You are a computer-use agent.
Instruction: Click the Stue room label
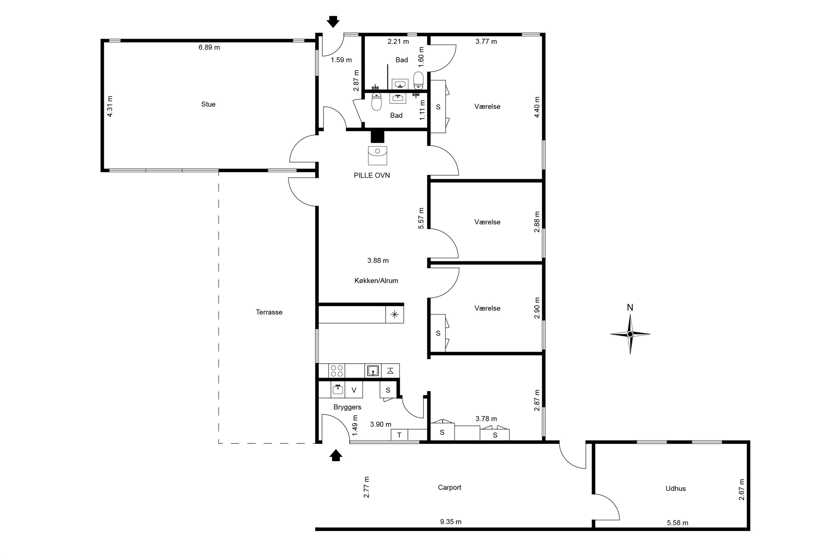(208, 104)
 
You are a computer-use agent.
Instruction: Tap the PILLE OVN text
(372, 175)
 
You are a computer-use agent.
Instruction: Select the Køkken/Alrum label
(376, 281)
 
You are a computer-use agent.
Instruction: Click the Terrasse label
(269, 312)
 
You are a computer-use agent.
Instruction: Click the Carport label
(449, 487)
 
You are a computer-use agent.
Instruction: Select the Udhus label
(676, 488)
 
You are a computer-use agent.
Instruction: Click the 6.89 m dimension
(209, 47)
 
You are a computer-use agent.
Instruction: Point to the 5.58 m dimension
(677, 523)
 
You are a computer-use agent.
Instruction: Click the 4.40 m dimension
(537, 107)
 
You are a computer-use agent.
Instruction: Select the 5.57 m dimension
(421, 218)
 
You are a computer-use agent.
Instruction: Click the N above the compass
(630, 308)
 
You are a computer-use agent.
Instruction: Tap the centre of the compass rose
(630, 334)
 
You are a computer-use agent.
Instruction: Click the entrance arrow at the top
(333, 22)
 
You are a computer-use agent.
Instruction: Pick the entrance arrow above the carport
(335, 455)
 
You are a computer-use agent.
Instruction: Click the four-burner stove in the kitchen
(337, 371)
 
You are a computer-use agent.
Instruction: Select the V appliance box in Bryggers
(354, 390)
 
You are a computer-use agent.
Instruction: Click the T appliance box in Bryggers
(399, 435)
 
